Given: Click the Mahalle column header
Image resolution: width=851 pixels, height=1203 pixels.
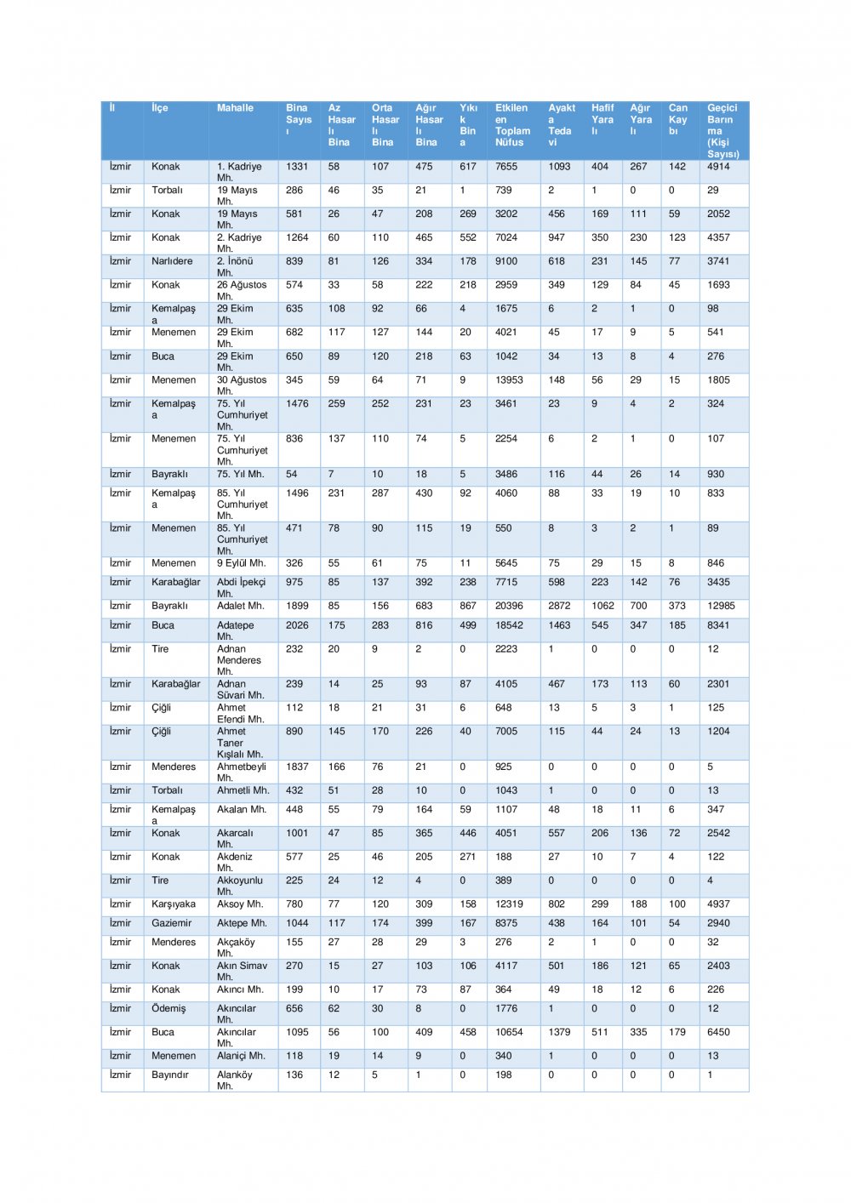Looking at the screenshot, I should pos(235,108).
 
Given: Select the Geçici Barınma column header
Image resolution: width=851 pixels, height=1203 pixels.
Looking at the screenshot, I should pos(722,130).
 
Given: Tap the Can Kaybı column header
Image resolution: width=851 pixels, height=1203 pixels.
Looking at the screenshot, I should pos(677,119).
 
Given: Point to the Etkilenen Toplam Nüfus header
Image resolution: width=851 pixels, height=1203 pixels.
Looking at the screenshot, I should pos(511,125).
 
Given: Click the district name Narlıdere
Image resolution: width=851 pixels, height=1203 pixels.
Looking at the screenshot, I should pos(172,261).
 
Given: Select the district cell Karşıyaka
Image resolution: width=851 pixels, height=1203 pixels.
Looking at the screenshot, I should pos(174,904).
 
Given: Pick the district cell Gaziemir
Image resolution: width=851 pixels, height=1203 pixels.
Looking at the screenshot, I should pos(172,923).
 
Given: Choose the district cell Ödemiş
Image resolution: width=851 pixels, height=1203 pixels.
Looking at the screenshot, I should pos(168,1008).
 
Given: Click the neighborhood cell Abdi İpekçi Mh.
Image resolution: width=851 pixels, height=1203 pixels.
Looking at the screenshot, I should pos(241,587).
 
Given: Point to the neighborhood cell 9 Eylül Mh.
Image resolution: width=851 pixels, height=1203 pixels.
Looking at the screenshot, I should pos(241,563).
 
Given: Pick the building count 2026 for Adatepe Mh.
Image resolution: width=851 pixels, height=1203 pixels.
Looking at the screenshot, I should pos(297,625).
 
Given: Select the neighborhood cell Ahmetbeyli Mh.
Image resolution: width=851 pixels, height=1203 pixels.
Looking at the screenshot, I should pos(241,772).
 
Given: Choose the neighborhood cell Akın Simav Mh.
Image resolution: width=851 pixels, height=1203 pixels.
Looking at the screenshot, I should pos(242,971).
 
